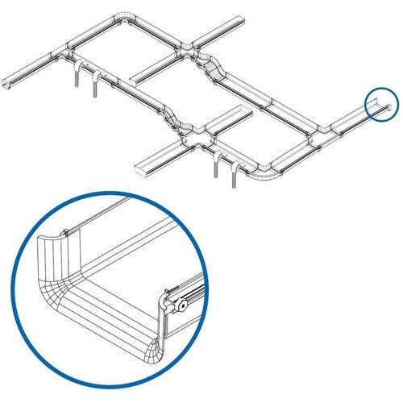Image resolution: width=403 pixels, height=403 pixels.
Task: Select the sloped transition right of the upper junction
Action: click(217, 69)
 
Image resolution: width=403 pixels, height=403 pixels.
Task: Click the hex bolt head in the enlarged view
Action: click(185, 306)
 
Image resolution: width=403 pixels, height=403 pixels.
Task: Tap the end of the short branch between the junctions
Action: click(133, 77)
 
